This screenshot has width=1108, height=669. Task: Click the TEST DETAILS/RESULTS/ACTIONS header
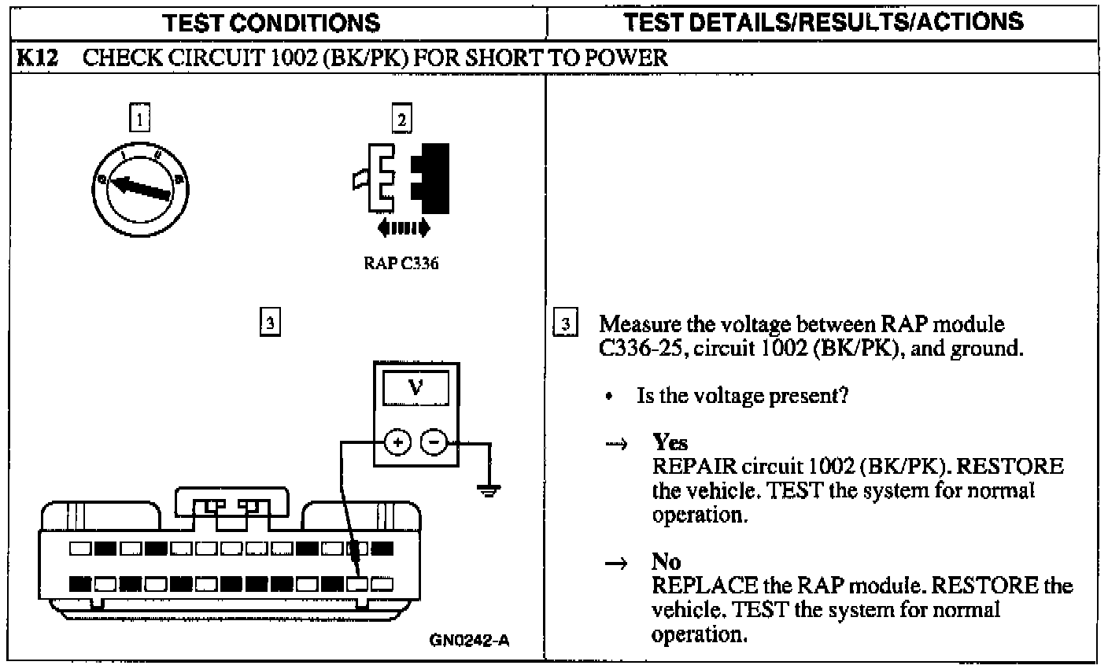tap(825, 21)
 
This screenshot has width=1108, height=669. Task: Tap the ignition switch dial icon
tap(142, 190)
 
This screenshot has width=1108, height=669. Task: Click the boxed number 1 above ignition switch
tap(138, 120)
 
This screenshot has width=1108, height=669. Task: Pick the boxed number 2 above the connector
tap(401, 120)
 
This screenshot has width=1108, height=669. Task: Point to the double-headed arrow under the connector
tap(403, 228)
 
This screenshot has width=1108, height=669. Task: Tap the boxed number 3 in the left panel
tap(269, 321)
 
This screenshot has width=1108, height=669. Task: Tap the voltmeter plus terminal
tap(398, 443)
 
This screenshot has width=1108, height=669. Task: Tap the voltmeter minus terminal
tap(434, 443)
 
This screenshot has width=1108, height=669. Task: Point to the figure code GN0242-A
tap(469, 640)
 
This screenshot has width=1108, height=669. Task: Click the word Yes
tap(670, 443)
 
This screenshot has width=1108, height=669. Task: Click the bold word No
tap(666, 561)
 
